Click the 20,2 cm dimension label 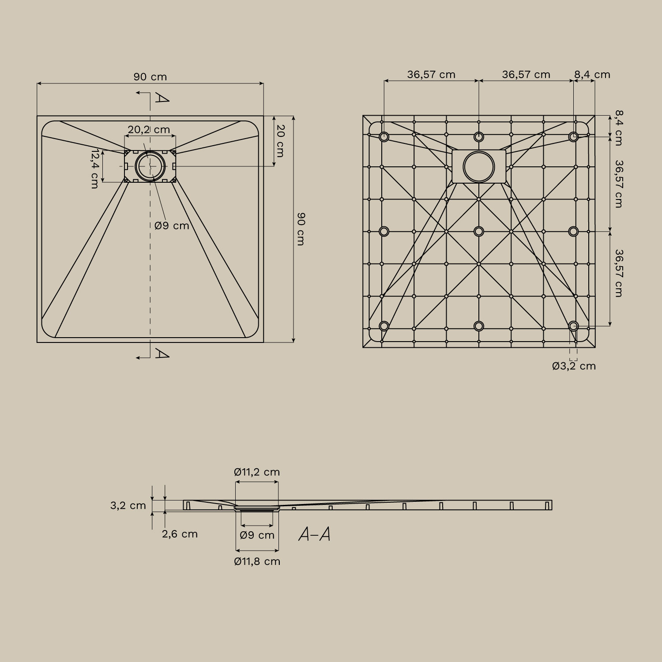[149, 130]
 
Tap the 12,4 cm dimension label [94, 169]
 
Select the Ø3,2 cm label [574, 366]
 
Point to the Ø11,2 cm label [257, 472]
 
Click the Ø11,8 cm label [257, 561]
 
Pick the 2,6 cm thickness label [180, 534]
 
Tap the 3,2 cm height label [128, 506]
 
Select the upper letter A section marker [162, 98]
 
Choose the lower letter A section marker [162, 354]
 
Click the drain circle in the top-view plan [150, 166]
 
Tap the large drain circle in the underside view [479, 167]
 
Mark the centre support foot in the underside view [479, 231]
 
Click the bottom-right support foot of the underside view [573, 326]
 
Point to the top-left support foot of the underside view [384, 136]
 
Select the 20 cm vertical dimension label [280, 141]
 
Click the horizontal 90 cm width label [150, 77]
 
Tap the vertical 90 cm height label [301, 229]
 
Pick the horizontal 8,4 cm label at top [592, 75]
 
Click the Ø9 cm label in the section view [257, 535]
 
